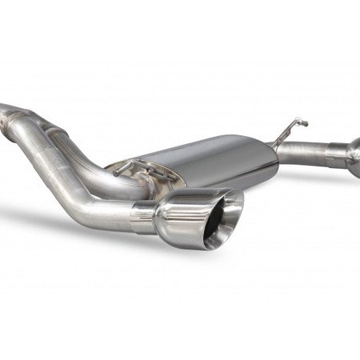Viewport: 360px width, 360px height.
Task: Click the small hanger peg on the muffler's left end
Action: click(x=124, y=168)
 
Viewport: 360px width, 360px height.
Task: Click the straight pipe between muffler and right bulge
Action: click(x=308, y=151)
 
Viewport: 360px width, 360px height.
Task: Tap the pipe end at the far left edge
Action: click(x=4, y=109)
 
